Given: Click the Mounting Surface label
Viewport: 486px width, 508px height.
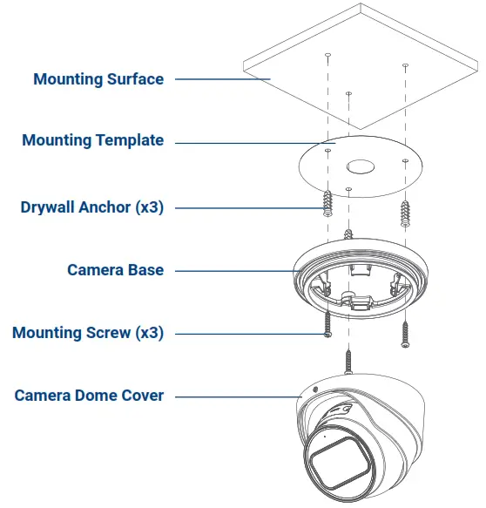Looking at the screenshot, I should tap(98, 79).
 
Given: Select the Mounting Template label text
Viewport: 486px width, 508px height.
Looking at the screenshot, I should tap(92, 140).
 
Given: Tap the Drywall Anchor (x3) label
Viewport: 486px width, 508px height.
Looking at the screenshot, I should tap(91, 207).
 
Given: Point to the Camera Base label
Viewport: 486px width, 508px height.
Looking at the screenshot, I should tap(115, 270).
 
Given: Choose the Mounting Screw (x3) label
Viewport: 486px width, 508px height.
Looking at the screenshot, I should tap(87, 333).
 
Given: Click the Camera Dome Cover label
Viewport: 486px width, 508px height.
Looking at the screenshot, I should tap(89, 396).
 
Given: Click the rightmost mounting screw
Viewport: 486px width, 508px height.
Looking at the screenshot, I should tap(405, 334).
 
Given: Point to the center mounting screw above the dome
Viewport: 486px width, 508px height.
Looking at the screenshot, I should tap(348, 360).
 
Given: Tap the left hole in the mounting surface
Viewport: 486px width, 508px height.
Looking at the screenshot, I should tap(327, 56).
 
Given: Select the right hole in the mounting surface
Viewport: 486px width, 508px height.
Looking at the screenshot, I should tap(405, 65).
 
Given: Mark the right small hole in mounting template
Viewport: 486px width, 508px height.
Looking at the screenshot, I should tap(403, 160).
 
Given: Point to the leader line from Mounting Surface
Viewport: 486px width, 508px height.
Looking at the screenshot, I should tap(222, 79).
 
